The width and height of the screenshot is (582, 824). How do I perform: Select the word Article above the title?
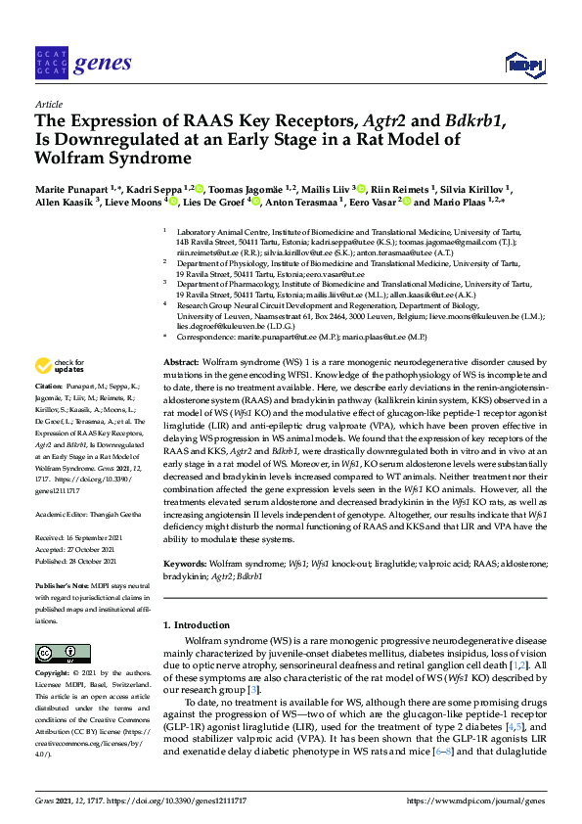click(x=49, y=103)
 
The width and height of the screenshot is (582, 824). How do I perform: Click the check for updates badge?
click(x=60, y=366)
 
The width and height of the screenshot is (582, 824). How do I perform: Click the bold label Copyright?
click(x=55, y=674)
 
